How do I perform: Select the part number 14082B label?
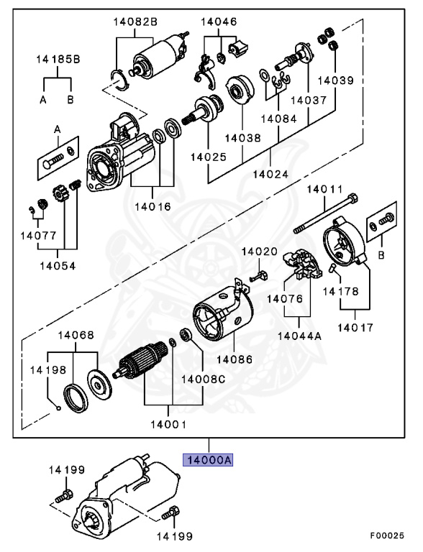coord(135,22)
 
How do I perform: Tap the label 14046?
coord(219,22)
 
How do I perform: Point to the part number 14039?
coord(337,81)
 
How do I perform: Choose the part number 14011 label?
coord(327,189)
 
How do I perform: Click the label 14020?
coord(258,252)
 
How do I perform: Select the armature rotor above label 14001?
coord(144,359)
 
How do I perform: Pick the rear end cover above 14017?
coord(344,248)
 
